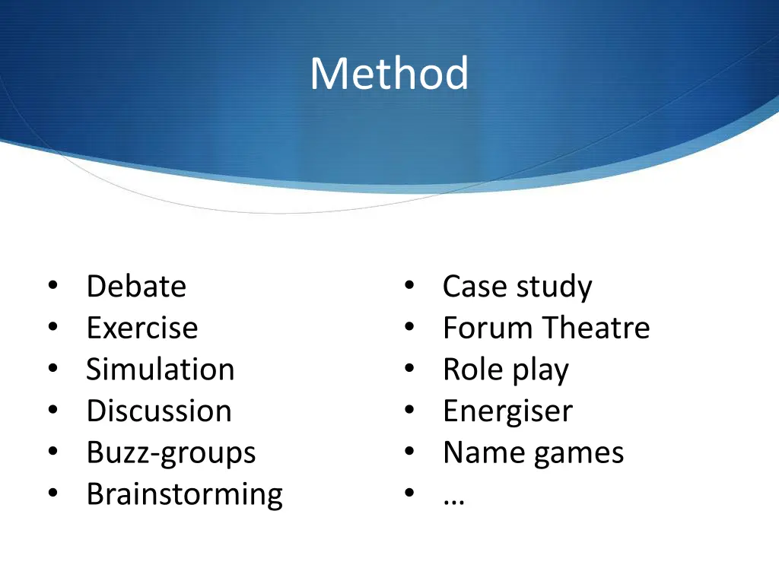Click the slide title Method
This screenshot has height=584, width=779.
389,74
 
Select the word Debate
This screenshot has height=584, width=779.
136,287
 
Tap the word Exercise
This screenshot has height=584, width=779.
142,328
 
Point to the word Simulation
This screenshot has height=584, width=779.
161,370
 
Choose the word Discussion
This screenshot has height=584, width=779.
159,411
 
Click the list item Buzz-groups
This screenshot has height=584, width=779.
171,453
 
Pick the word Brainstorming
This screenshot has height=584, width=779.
185,494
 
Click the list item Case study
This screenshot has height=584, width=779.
517,287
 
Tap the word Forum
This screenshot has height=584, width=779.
488,328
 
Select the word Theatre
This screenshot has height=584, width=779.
596,328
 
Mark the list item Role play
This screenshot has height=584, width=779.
506,370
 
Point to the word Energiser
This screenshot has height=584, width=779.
507,411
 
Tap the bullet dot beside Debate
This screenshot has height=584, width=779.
52,286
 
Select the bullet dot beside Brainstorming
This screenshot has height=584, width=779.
52,494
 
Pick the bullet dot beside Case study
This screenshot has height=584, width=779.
409,286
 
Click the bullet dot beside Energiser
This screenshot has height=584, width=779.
409,411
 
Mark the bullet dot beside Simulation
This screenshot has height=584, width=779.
52,369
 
